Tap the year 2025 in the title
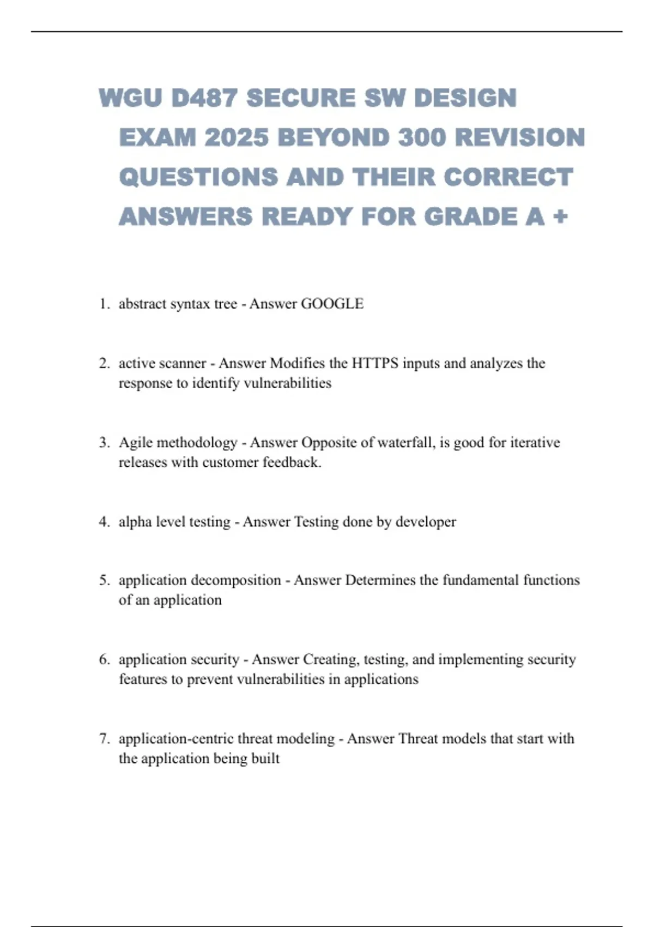pos(237,137)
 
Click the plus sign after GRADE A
pos(560,217)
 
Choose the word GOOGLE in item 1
pos(332,304)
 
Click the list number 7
pos(104,739)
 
